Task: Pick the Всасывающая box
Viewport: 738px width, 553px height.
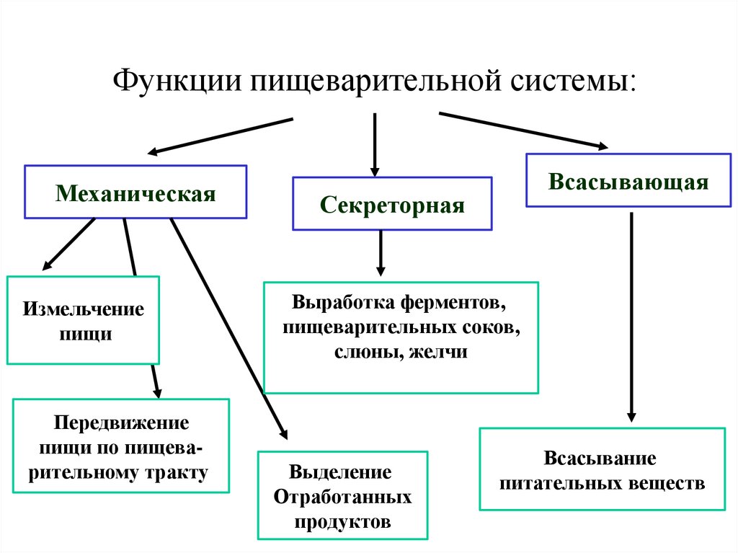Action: click(628, 181)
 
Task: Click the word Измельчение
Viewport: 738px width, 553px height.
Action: click(84, 310)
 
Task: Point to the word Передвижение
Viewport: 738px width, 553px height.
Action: click(121, 422)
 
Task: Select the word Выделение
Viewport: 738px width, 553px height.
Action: click(341, 472)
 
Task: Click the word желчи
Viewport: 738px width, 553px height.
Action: click(439, 352)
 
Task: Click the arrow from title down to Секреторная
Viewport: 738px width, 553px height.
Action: click(375, 144)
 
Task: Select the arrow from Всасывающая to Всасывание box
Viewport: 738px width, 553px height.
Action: click(631, 317)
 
